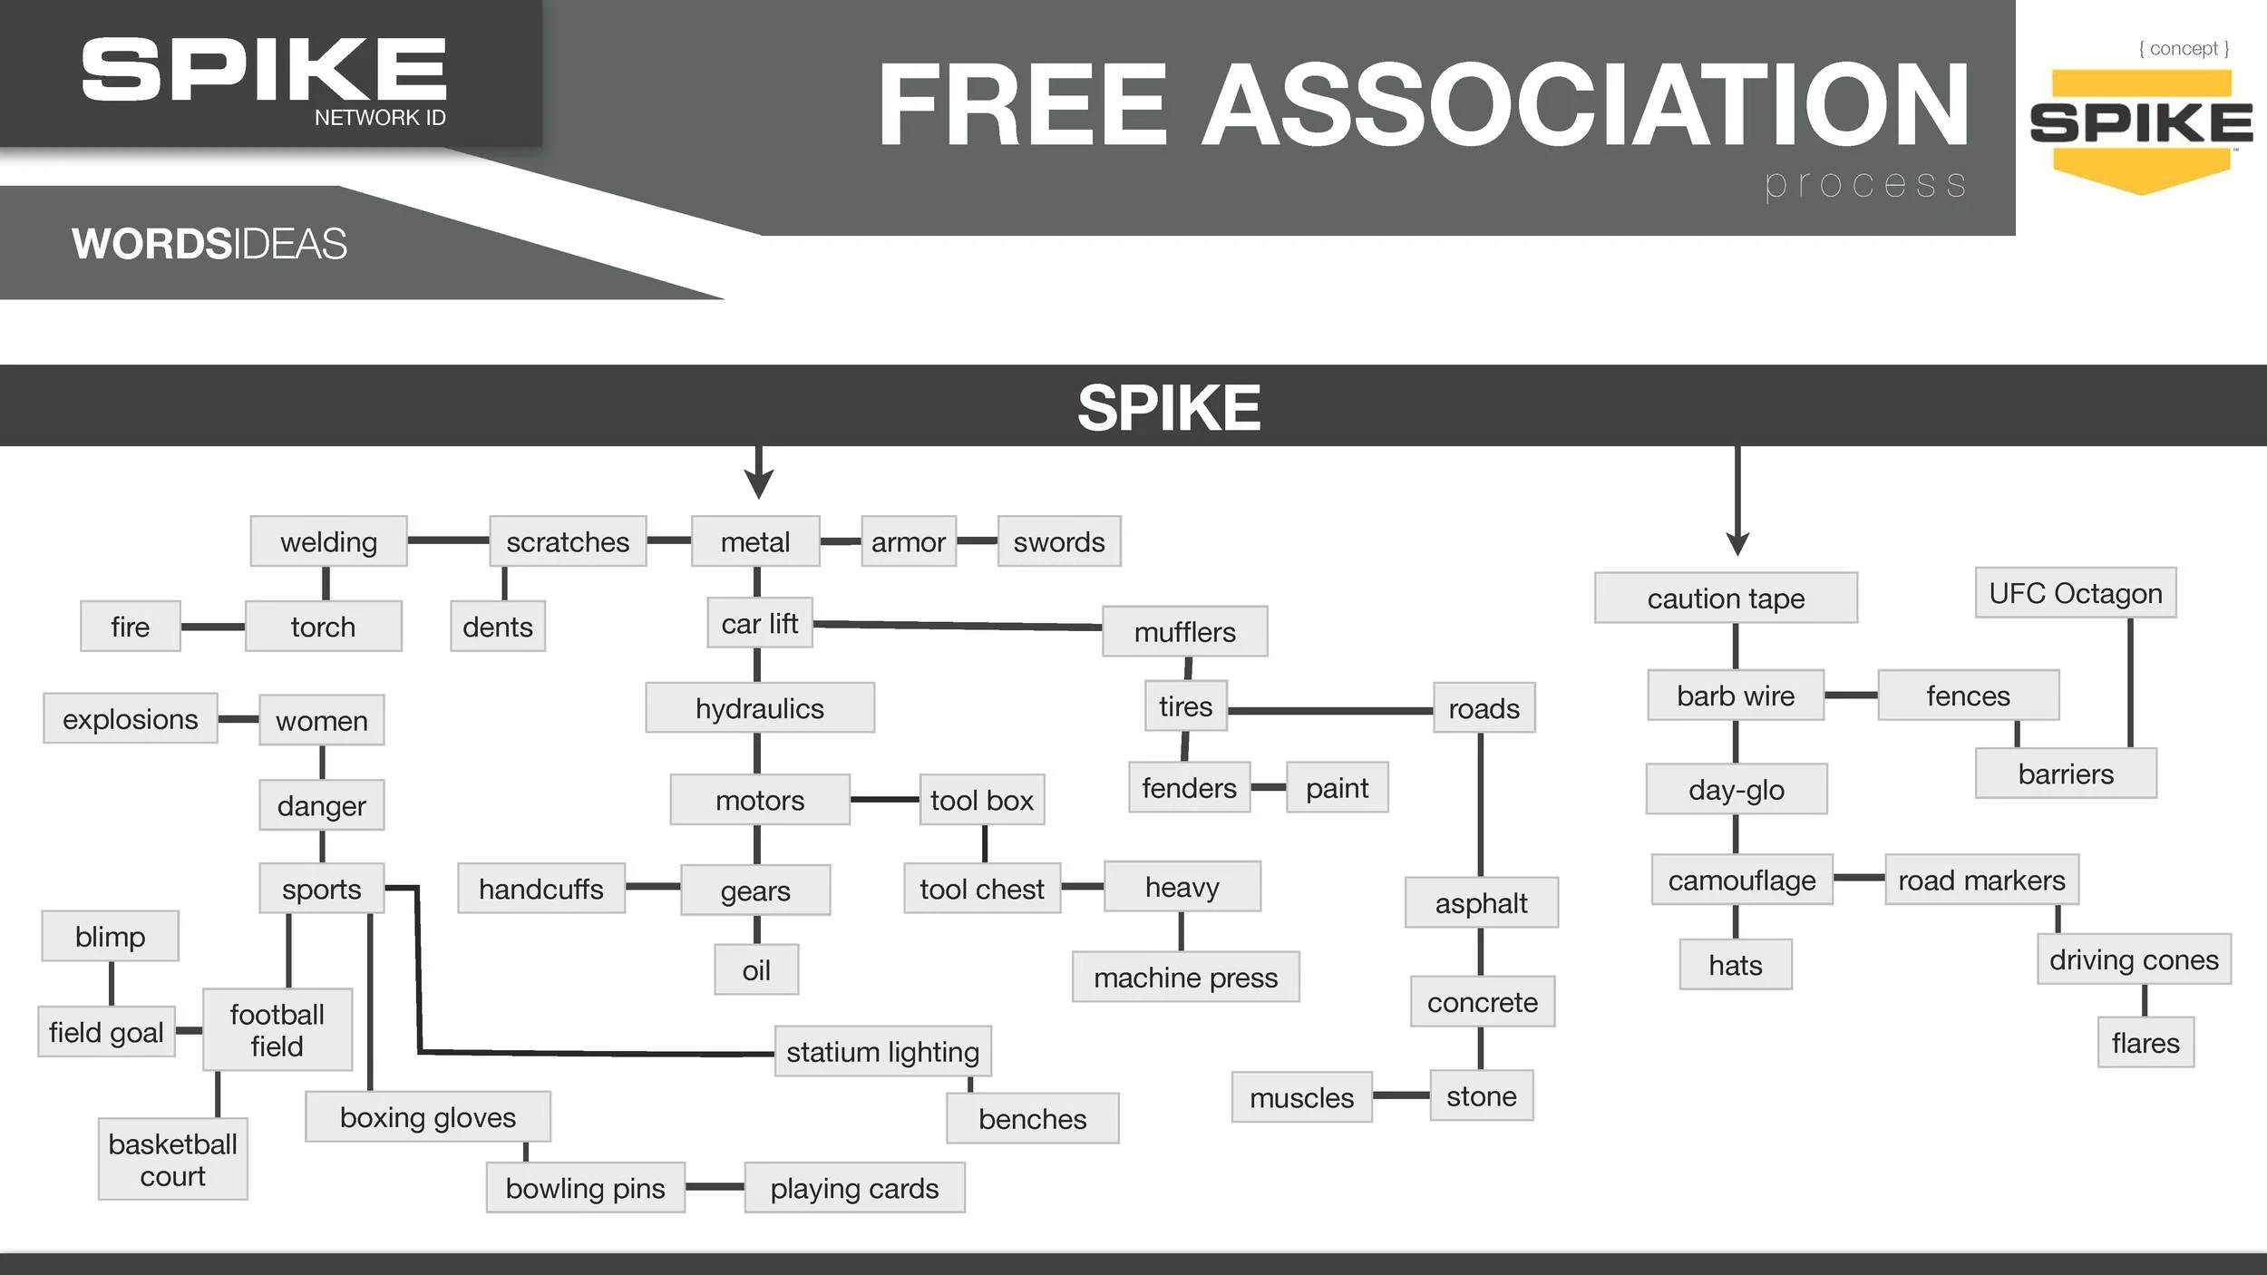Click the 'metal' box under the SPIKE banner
tap(755, 541)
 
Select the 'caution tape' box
tap(1726, 599)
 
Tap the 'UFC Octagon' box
tap(2076, 593)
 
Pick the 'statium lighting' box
tap(882, 1052)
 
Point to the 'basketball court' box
tap(172, 1160)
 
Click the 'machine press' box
tap(1185, 978)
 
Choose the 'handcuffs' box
tap(540, 889)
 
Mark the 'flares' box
tap(2145, 1043)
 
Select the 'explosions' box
tap(130, 719)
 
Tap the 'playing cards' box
tap(854, 1188)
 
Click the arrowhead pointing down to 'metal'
tap(759, 484)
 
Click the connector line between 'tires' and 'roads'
tap(1329, 711)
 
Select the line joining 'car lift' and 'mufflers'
tap(957, 625)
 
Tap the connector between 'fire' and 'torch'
tap(212, 627)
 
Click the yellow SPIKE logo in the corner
tap(2141, 127)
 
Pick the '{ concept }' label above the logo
tap(2184, 48)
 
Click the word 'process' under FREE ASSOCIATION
tap(1865, 184)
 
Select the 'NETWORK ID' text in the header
tap(380, 117)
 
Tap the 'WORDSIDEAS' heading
tap(209, 244)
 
